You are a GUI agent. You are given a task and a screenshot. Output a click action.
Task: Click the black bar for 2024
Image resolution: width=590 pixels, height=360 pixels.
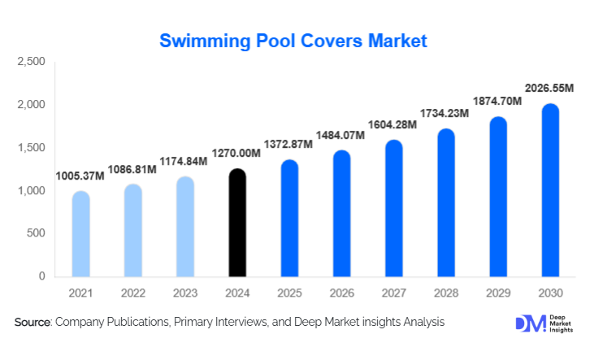point(236,223)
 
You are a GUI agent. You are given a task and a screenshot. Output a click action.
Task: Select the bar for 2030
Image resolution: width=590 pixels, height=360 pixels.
point(551,190)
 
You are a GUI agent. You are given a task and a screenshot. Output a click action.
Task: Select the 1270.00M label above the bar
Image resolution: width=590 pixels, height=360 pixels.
point(236,153)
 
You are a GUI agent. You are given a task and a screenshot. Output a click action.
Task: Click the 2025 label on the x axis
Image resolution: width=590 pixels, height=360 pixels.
point(289,292)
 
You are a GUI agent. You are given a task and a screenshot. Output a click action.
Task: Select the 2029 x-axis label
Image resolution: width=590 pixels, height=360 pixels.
point(498,292)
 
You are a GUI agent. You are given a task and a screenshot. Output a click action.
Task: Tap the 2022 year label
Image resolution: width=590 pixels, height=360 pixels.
point(132,292)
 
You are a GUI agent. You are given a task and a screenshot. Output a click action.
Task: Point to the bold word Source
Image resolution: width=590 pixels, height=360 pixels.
point(33,323)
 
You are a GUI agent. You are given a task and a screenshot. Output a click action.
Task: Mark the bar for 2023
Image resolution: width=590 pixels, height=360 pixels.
point(184,227)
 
